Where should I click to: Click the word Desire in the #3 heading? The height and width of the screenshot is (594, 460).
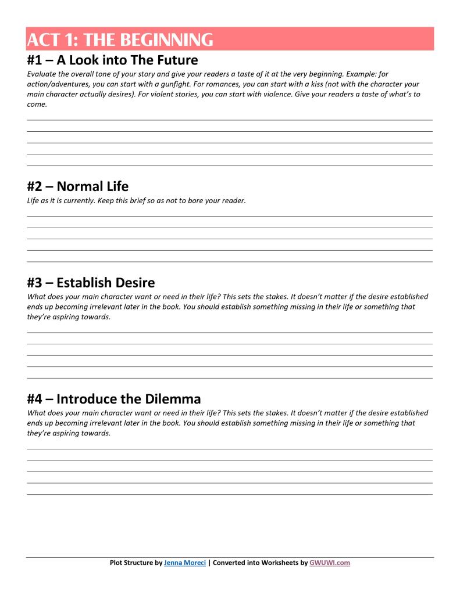131,283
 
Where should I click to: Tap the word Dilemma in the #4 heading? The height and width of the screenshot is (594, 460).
172,399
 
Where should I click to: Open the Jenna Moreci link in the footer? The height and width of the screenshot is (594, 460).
185,563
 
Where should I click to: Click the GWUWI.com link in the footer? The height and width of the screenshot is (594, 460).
330,563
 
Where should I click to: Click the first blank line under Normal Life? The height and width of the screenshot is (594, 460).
230,215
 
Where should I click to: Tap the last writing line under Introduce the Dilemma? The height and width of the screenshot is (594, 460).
230,494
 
